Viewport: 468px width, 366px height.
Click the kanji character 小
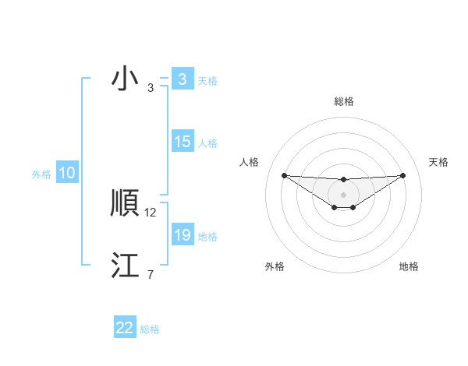coord(124,80)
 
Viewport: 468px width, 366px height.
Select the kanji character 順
coord(125,204)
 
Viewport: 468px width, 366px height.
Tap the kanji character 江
coord(125,266)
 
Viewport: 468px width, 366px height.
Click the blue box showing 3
coord(182,79)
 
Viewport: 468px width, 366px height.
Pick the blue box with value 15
coord(182,142)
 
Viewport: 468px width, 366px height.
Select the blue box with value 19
coord(182,235)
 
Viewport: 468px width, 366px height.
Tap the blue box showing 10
coord(66,174)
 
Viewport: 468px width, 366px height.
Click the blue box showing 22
coord(125,328)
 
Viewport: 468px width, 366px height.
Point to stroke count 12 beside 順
coord(151,212)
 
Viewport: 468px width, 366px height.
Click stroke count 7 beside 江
coord(150,274)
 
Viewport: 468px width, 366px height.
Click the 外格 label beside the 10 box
coord(41,174)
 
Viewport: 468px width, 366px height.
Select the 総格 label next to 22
coord(150,329)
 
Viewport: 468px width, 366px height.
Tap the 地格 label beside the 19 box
coord(207,237)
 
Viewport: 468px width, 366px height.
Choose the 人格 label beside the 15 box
coord(207,143)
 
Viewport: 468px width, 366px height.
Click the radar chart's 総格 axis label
coord(343,101)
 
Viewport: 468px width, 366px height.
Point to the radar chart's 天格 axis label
coord(438,162)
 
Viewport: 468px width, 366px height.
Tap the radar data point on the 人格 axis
coord(284,175)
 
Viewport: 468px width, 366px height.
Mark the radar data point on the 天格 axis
coord(402,175)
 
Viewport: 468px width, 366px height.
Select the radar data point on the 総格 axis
coord(343,180)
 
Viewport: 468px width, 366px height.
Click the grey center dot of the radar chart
coord(343,194)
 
